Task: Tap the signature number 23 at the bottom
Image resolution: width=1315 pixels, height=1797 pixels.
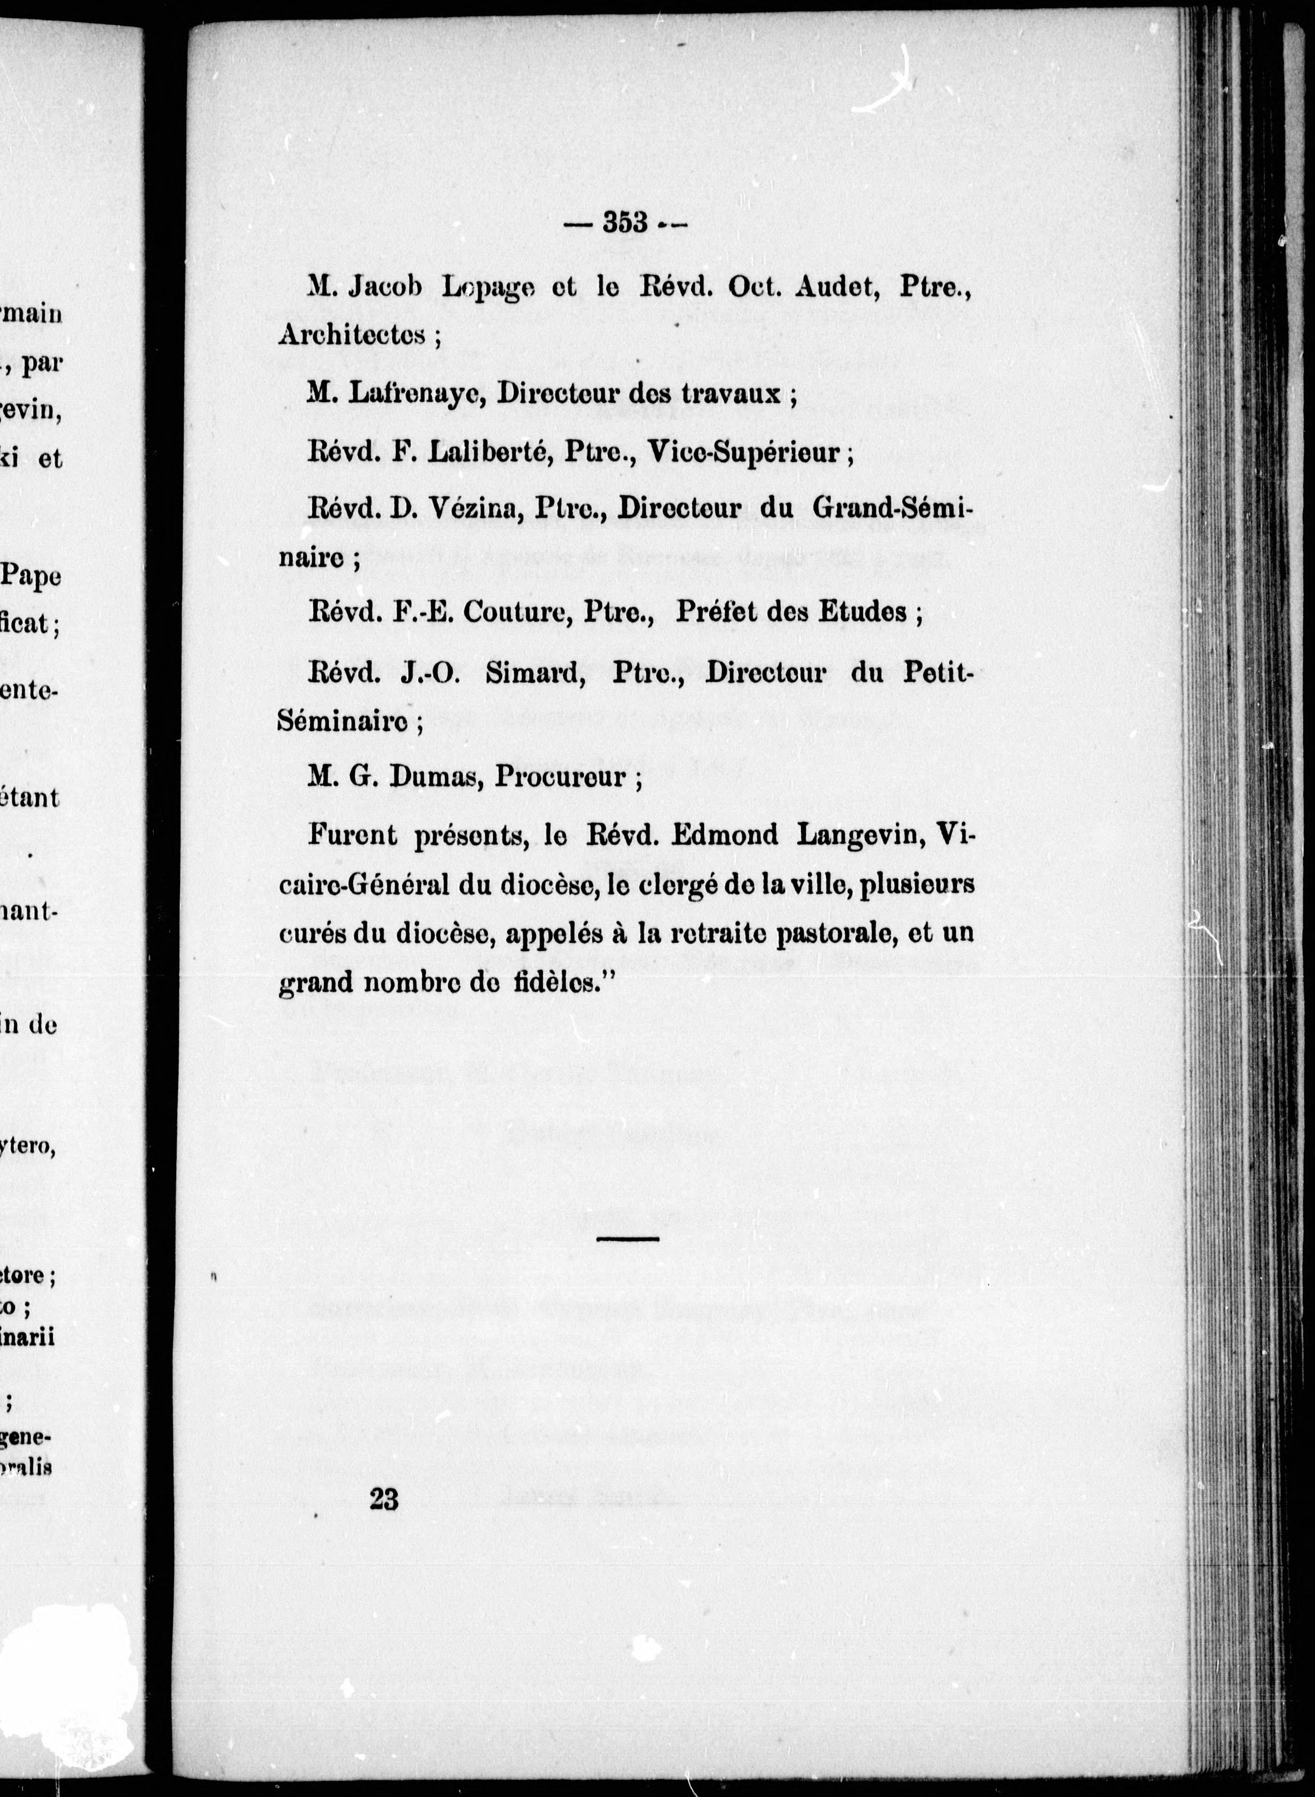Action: coord(384,1499)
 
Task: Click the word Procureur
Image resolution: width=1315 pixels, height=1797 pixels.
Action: coord(560,775)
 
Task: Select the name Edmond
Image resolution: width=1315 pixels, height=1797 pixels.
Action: coord(724,836)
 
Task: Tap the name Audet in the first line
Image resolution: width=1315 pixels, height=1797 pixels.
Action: coord(842,288)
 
